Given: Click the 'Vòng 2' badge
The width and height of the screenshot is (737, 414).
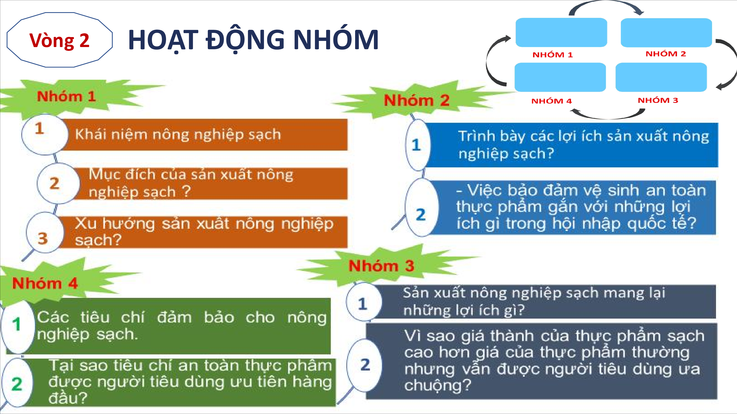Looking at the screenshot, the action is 59,40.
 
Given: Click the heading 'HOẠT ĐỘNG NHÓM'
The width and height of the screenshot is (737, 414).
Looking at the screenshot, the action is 253,40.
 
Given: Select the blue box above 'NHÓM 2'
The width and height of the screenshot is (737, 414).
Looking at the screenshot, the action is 666,33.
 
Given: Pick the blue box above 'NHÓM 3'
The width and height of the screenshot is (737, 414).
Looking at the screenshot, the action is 661,77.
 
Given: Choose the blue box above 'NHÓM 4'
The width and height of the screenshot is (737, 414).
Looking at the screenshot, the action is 560,77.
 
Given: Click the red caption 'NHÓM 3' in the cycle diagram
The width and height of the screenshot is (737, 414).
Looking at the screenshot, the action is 658,100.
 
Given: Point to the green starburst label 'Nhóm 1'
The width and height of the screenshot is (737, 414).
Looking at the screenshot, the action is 66,96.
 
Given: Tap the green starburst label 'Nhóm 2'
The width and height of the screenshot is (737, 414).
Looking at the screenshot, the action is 416,100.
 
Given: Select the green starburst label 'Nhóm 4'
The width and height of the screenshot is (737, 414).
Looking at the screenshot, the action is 45,284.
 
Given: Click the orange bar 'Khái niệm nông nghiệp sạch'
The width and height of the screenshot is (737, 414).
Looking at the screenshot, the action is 205,134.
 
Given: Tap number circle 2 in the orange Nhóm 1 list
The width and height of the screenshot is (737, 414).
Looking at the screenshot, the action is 58,183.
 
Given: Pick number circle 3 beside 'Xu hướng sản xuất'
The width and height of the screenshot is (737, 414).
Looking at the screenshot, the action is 45,233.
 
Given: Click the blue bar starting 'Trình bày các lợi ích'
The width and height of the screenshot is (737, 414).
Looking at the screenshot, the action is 571,145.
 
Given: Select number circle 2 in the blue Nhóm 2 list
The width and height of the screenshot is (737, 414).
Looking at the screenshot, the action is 421,207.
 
